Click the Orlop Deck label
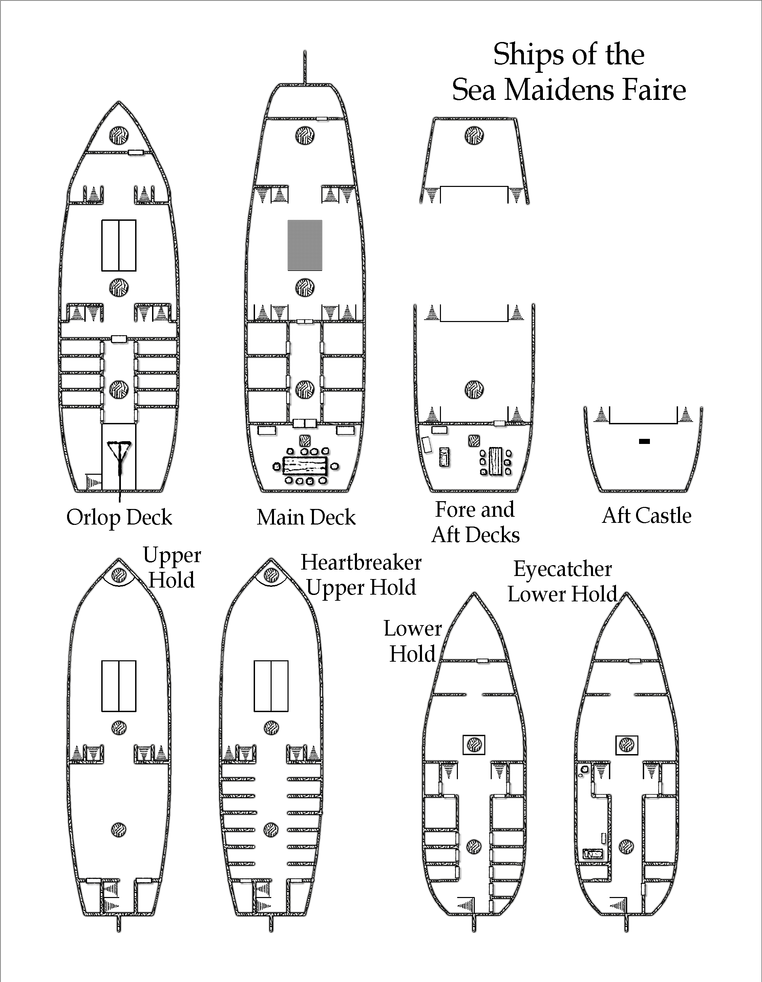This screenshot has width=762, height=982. [x=119, y=517]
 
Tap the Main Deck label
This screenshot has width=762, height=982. [x=306, y=517]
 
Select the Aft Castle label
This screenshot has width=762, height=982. [x=647, y=516]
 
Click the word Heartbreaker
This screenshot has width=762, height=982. [x=361, y=562]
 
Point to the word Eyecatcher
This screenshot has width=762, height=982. [x=563, y=569]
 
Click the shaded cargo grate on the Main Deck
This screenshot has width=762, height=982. [x=305, y=245]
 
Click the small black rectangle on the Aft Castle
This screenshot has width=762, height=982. [x=644, y=442]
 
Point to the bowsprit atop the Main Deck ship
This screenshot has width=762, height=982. [x=305, y=67]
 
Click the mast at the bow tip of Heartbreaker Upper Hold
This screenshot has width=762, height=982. [x=271, y=575]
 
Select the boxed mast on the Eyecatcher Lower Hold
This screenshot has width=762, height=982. [x=626, y=745]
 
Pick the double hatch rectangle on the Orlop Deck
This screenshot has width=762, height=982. [x=119, y=245]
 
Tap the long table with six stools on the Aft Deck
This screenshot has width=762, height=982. [x=496, y=461]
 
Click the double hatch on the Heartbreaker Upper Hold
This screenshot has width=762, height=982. [x=271, y=686]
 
